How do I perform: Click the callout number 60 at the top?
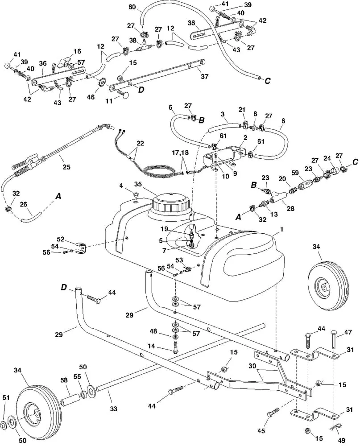[132, 7]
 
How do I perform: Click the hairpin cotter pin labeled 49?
[335, 427]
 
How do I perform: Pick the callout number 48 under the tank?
[153, 331]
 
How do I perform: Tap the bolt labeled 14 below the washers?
[175, 347]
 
